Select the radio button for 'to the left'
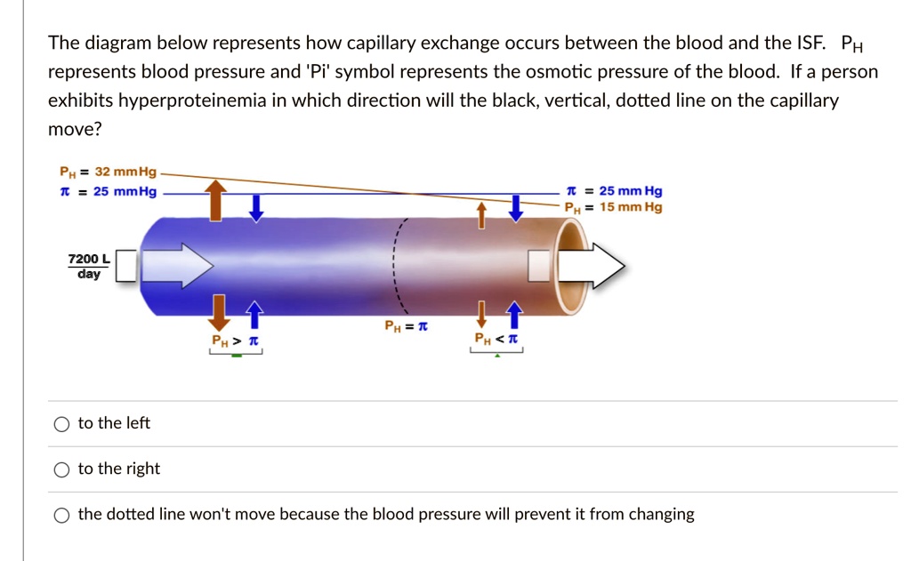[60, 424]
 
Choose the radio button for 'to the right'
[60, 469]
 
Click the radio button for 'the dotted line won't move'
[60, 515]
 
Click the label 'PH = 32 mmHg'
[108, 172]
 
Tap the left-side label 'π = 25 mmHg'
[108, 191]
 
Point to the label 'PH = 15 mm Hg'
[613, 207]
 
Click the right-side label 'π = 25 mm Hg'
[613, 191]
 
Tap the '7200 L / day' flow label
[89, 266]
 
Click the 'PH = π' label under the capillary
[406, 326]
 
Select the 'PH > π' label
[234, 341]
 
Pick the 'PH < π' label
[496, 339]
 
